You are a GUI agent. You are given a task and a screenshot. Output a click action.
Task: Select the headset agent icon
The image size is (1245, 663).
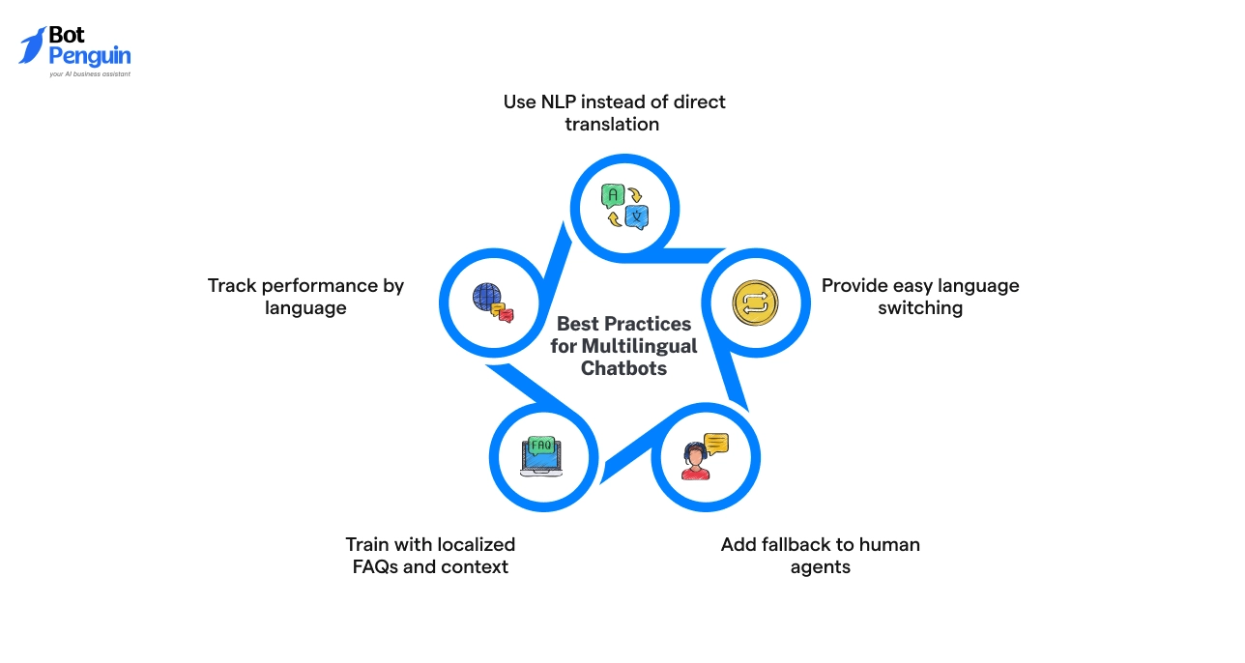(695, 460)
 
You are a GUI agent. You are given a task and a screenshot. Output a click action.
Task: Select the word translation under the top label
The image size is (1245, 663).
(612, 125)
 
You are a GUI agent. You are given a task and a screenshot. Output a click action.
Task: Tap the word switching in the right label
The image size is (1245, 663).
(920, 308)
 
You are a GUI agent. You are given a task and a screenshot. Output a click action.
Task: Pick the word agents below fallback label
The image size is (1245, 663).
(820, 567)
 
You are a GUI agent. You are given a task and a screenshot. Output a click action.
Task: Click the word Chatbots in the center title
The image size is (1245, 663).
(623, 368)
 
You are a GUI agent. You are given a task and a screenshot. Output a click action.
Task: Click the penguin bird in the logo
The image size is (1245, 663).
(32, 44)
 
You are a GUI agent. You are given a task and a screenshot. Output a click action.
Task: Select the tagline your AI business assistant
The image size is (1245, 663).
(89, 73)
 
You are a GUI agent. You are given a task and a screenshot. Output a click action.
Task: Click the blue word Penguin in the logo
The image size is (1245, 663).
(89, 56)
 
